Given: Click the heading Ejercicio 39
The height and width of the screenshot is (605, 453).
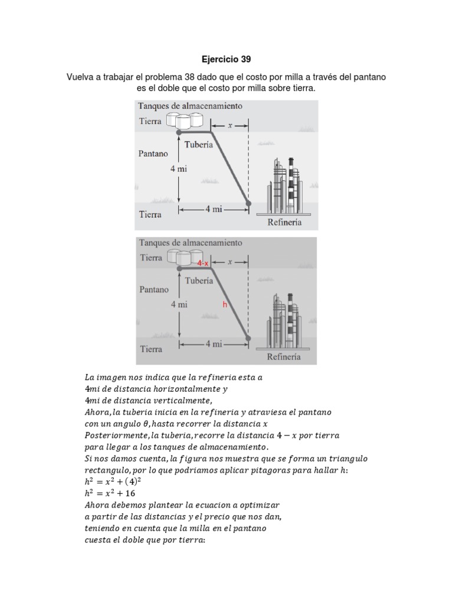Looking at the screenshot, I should [x=226, y=59].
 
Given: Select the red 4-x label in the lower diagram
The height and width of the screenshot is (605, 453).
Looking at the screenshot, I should [x=203, y=263].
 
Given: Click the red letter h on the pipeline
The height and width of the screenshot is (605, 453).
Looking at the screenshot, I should [x=224, y=304].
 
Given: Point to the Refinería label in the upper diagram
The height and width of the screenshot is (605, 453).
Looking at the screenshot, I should [x=284, y=222].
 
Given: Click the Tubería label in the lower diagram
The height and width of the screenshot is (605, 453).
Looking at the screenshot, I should [x=199, y=281].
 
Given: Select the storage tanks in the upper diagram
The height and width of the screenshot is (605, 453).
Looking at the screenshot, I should [x=184, y=121].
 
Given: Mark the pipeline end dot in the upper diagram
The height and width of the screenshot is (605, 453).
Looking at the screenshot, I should [x=248, y=204].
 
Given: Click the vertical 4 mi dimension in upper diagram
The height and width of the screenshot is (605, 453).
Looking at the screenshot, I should [x=179, y=168].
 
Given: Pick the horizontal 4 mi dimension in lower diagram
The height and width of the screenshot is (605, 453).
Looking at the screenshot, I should [x=213, y=344].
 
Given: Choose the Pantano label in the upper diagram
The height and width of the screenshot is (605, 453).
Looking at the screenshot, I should [x=153, y=152].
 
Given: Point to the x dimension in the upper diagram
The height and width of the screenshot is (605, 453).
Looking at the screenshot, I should [x=231, y=125].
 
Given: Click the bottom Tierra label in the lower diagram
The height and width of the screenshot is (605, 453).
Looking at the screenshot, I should [x=151, y=349].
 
